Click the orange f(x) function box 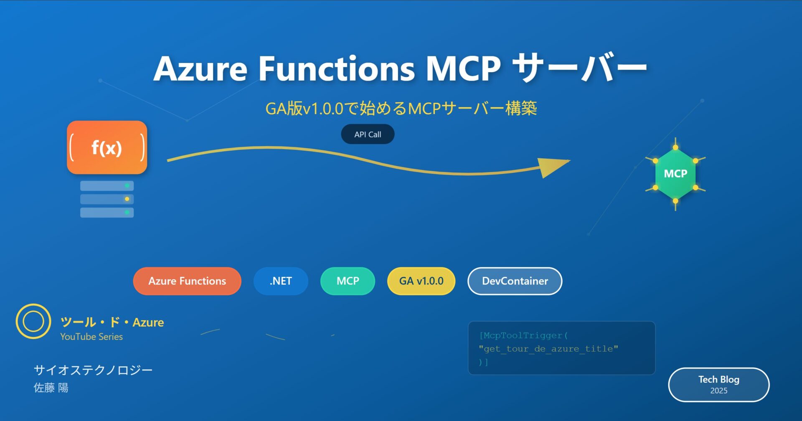[107, 147]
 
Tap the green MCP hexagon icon [675, 174]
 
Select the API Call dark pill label [368, 134]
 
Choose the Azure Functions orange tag [187, 281]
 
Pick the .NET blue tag [281, 281]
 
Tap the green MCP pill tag [348, 281]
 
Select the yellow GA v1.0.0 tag [421, 281]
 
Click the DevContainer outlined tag [515, 281]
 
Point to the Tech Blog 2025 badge [718, 385]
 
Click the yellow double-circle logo [33, 321]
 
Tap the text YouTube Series [91, 337]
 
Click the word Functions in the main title [336, 68]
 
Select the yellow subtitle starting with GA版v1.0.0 [401, 109]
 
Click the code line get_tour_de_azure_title [548, 349]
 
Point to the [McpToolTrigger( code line [523, 335]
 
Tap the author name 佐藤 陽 [51, 388]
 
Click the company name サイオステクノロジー [93, 370]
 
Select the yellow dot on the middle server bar [127, 199]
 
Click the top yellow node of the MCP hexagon [675, 147]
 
